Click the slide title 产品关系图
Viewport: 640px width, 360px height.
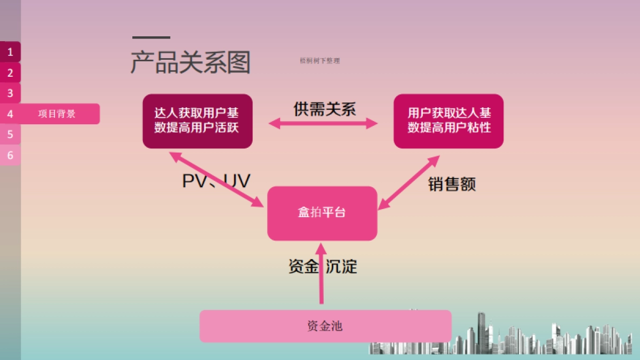[190, 63]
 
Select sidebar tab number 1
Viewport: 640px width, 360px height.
[10, 52]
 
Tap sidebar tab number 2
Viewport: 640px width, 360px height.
[10, 73]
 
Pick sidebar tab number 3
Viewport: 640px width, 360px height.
[10, 93]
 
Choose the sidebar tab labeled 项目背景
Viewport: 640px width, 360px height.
[57, 114]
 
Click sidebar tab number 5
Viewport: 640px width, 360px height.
[10, 134]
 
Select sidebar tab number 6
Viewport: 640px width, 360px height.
[10, 155]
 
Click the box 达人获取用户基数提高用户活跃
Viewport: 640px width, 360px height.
[197, 121]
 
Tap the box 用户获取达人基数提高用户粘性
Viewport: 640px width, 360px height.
[449, 121]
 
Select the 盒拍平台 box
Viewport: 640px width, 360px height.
[322, 213]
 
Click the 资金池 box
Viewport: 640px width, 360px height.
[325, 326]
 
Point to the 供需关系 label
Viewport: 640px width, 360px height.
[324, 109]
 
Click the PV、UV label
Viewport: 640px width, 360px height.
[216, 181]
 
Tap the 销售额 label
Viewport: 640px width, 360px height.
[452, 184]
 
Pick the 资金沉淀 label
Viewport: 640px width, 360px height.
[323, 266]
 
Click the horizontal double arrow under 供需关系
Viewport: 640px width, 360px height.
[323, 124]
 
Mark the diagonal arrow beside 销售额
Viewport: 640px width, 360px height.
[409, 182]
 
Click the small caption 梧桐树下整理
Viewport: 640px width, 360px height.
[319, 61]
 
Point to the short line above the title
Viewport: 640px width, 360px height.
[151, 38]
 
